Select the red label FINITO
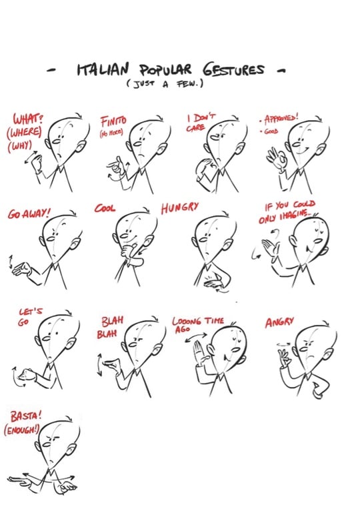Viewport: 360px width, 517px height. point(114,123)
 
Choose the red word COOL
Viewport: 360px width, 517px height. point(105,208)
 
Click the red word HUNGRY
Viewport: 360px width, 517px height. point(179,208)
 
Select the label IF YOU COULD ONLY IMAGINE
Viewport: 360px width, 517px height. point(288,211)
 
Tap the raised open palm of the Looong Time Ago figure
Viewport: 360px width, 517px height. point(199,352)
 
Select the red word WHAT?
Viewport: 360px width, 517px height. point(27,119)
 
